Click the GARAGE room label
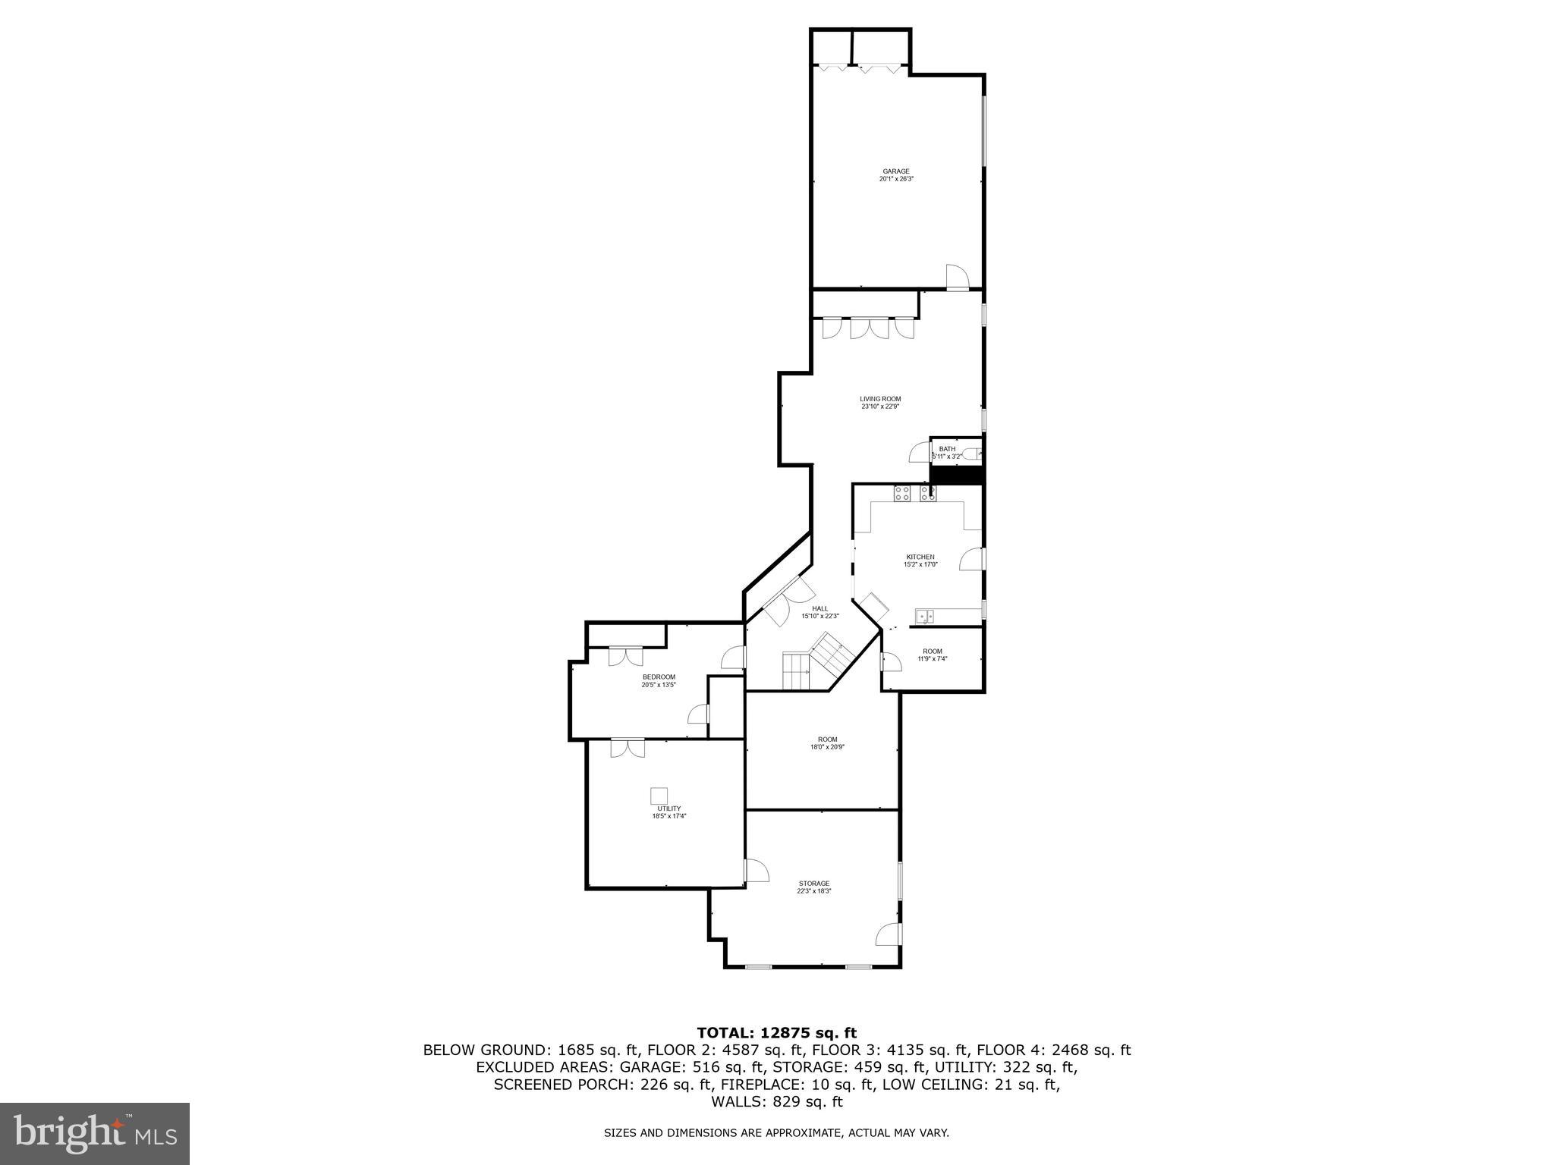click(x=895, y=171)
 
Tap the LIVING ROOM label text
click(x=880, y=399)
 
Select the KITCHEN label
click(x=920, y=557)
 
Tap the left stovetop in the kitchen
click(x=902, y=494)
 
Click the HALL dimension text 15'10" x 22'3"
click(x=820, y=616)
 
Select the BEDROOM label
click(x=658, y=677)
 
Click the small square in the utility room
click(x=659, y=796)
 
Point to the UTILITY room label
click(x=668, y=809)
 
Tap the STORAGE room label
click(x=813, y=884)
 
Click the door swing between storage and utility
click(x=757, y=871)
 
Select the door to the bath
click(x=920, y=453)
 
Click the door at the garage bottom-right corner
click(x=958, y=277)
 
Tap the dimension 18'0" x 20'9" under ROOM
click(x=827, y=747)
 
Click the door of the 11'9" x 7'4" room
click(x=890, y=663)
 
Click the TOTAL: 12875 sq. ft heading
click(x=776, y=1032)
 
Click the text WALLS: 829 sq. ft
click(x=776, y=1102)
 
